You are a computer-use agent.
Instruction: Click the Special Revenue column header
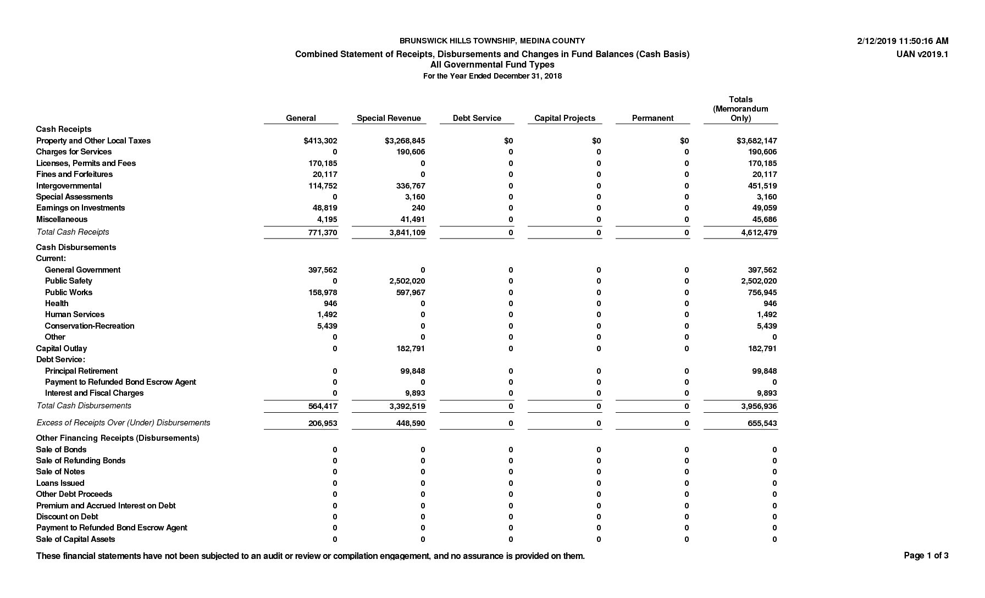tap(389, 118)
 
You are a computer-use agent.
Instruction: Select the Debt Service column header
tap(477, 118)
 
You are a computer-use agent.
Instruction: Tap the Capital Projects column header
tap(565, 118)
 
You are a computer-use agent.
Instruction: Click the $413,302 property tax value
tap(320, 141)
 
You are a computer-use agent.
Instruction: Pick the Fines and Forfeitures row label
tap(74, 174)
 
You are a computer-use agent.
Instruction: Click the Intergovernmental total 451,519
tap(762, 186)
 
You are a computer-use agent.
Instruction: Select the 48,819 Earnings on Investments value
tap(325, 208)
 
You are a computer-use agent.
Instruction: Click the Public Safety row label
tap(69, 281)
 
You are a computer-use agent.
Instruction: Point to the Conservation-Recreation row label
tap(90, 326)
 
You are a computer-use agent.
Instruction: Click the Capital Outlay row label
tap(62, 348)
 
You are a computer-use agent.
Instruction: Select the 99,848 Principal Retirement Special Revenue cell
tap(413, 371)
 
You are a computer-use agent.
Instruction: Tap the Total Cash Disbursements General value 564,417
tap(323, 406)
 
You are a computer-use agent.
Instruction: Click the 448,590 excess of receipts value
tap(411, 423)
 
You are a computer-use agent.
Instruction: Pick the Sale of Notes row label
tap(60, 472)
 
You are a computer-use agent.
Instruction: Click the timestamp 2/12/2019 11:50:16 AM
tap(903, 41)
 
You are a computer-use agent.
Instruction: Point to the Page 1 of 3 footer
tap(926, 556)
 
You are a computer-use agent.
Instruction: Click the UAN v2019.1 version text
tap(922, 54)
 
